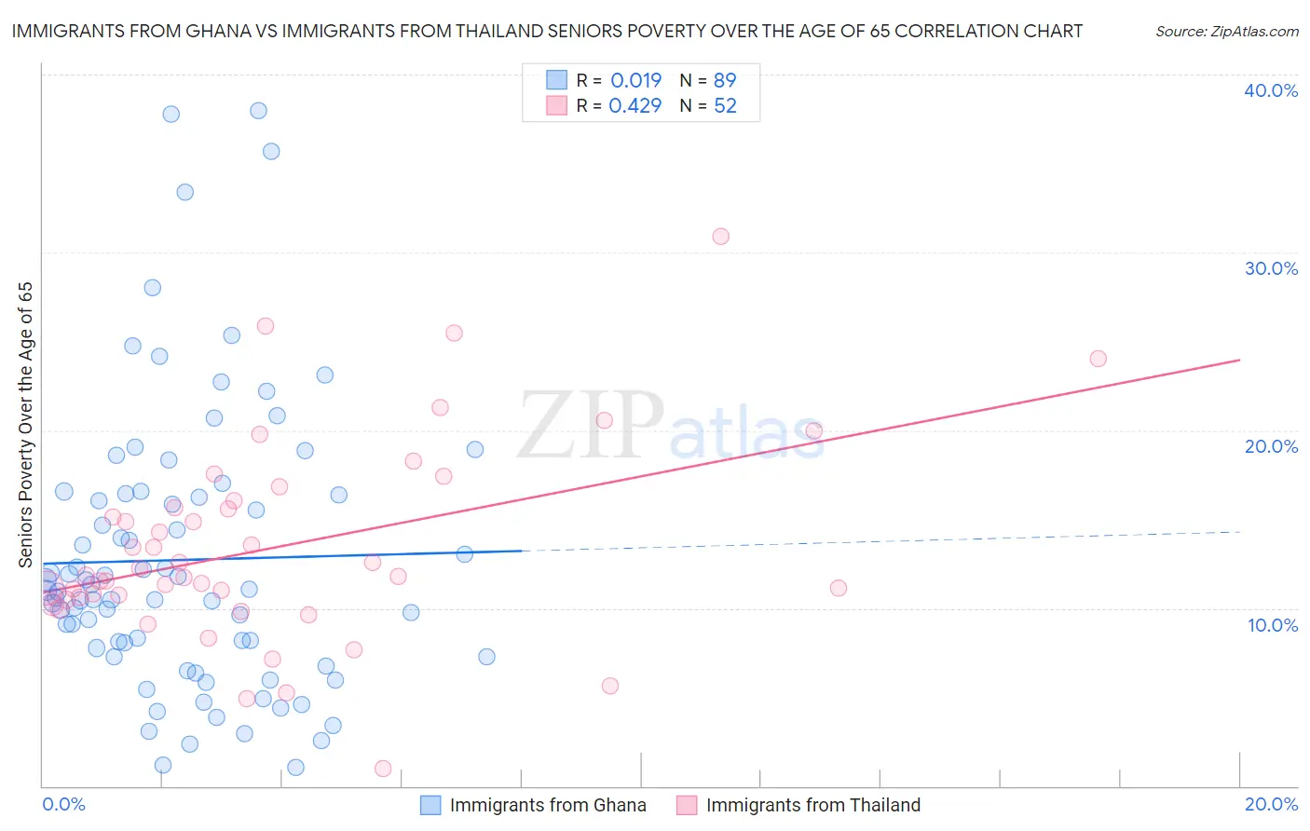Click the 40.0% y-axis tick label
(1271, 90)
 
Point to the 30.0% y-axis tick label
(1271, 268)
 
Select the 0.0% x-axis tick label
(63, 804)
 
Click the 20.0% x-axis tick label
(1271, 804)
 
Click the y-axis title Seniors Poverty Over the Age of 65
(26, 424)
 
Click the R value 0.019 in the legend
(635, 80)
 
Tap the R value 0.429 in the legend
(635, 105)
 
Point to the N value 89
(725, 80)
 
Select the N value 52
(725, 105)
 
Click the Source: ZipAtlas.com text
(1226, 32)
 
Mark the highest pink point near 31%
(720, 236)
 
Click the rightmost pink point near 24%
(1098, 359)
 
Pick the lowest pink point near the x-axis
(383, 769)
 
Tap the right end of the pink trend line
(1240, 360)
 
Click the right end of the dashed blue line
(1240, 531)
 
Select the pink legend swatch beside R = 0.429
(556, 105)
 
